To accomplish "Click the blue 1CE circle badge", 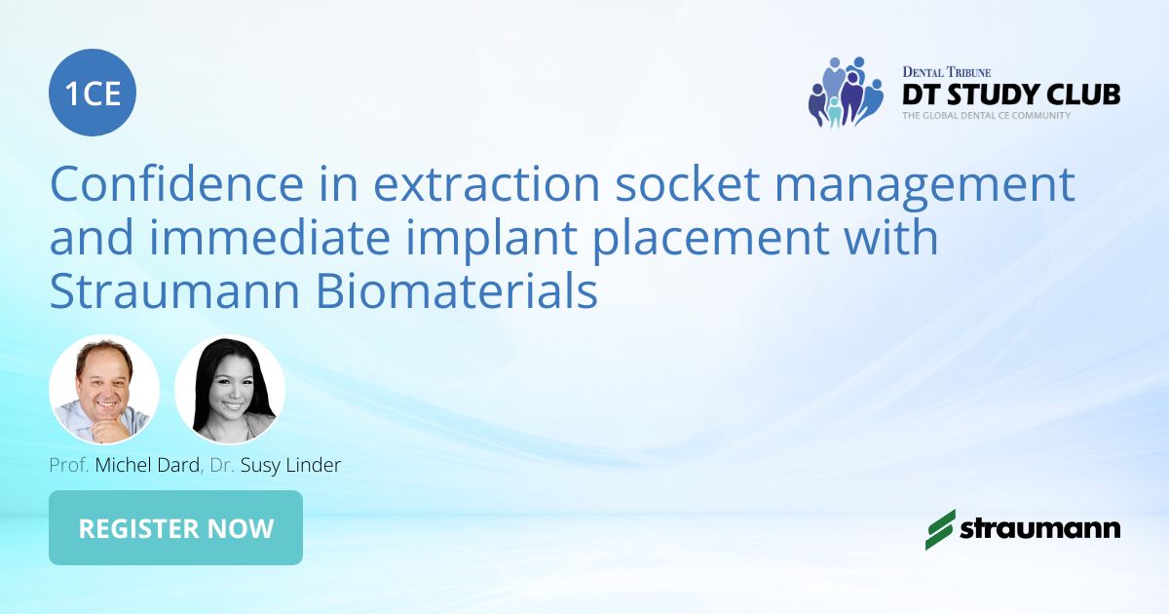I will [x=93, y=93].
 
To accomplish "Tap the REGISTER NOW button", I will [x=175, y=528].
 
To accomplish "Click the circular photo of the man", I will [x=104, y=390].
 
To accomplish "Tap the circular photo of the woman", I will [x=230, y=390].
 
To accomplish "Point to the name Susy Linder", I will [x=291, y=465].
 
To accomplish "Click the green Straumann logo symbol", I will [x=940, y=529].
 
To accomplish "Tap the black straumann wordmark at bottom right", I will [x=1040, y=529].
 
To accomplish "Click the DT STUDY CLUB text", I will [x=1010, y=95].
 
